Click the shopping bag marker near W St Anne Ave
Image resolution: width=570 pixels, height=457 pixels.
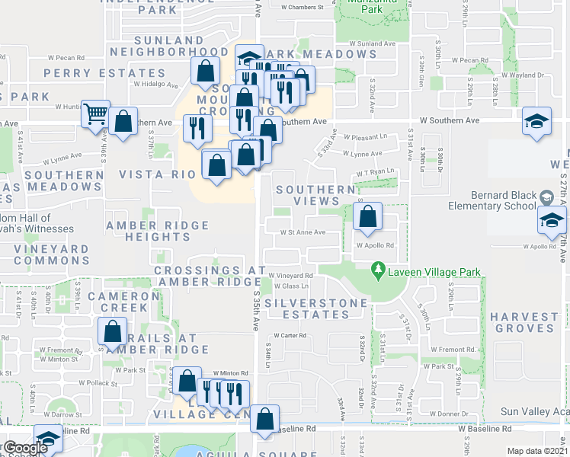point(368,216)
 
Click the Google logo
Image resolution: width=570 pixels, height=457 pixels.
point(24,448)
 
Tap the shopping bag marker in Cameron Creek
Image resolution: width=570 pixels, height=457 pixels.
point(112,332)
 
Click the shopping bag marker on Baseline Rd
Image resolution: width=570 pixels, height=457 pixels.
point(264,419)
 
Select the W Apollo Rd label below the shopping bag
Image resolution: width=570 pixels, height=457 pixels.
point(375,246)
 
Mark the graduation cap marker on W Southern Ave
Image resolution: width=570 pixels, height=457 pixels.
point(536,122)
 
